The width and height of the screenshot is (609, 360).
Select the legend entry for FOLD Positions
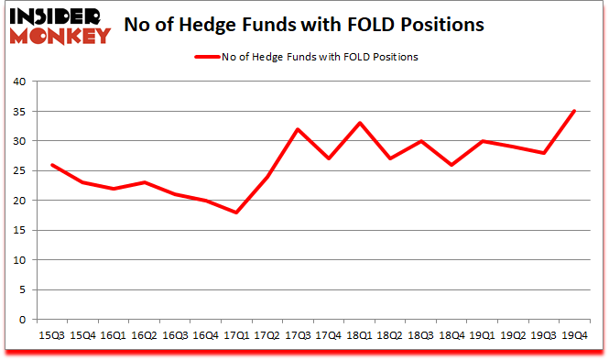click(307, 57)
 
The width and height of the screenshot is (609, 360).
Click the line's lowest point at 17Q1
click(236, 213)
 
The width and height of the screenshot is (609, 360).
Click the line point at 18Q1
click(360, 123)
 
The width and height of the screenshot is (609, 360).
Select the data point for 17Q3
click(299, 129)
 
